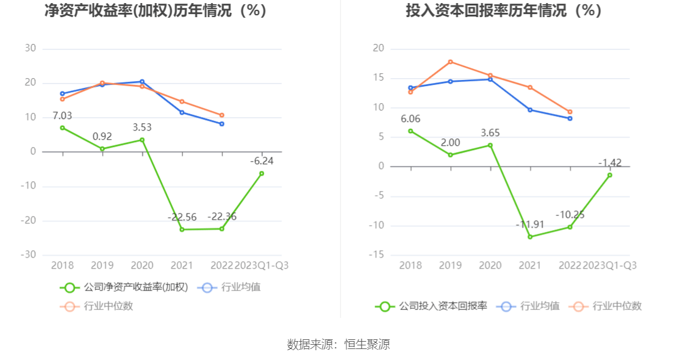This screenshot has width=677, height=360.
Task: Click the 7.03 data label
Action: point(62,116)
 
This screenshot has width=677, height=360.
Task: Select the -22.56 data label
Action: point(182,217)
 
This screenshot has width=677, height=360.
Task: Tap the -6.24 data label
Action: point(262,161)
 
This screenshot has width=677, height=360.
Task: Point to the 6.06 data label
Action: point(410,119)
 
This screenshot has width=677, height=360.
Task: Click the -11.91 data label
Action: point(529,225)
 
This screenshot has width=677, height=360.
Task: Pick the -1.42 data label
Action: point(609,163)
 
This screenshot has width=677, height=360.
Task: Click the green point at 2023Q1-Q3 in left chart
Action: point(262,173)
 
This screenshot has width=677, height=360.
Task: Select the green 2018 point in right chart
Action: point(410,131)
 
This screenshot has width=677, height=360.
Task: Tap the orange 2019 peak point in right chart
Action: point(450,62)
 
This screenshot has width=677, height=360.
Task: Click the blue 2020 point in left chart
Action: point(142,81)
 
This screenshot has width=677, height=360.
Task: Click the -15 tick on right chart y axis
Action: point(378,254)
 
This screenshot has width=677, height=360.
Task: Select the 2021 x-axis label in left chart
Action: point(182,265)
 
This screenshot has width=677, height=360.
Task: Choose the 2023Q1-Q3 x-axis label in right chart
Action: point(609,265)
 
